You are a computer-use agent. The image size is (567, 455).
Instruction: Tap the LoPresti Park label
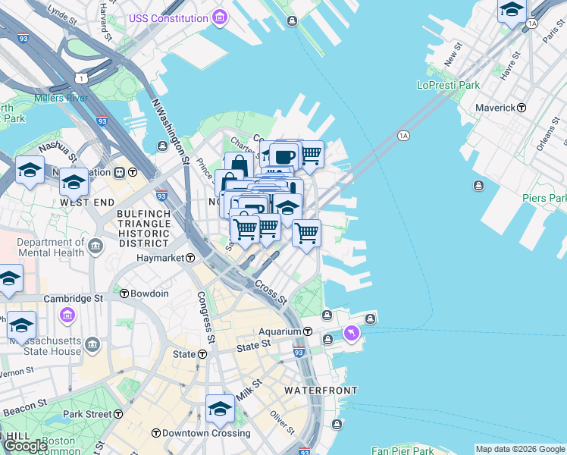pyautogui.click(x=448, y=85)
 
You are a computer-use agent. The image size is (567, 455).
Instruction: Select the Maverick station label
pyautogui.click(x=495, y=108)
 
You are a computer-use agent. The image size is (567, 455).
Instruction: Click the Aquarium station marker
pyautogui.click(x=308, y=331)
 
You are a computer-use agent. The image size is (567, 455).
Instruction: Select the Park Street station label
pyautogui.click(x=88, y=414)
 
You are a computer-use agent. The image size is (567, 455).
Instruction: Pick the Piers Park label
pyautogui.click(x=543, y=197)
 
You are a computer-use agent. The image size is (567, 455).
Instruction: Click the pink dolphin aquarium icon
pyautogui.click(x=352, y=333)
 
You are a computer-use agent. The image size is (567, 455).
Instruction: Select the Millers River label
pyautogui.click(x=61, y=98)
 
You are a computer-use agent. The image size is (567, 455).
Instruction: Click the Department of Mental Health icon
pyautogui.click(x=96, y=245)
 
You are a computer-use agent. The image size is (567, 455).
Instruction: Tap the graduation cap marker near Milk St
pyautogui.click(x=219, y=410)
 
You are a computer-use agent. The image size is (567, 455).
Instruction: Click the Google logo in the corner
pyautogui.click(x=25, y=446)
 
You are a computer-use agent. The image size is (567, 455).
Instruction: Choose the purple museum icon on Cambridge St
pyautogui.click(x=67, y=315)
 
